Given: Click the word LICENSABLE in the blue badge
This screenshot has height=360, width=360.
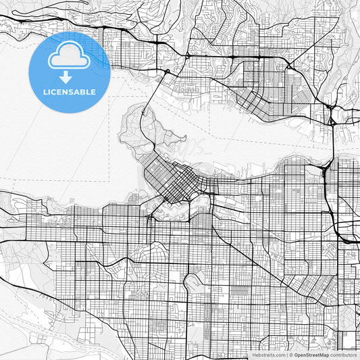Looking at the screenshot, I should [x=70, y=92].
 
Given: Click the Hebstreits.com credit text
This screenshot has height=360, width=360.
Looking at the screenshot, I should [x=269, y=354].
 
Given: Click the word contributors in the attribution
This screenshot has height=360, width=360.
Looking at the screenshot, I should [x=342, y=354].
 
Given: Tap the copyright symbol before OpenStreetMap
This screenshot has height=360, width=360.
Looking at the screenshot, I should [x=291, y=354].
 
